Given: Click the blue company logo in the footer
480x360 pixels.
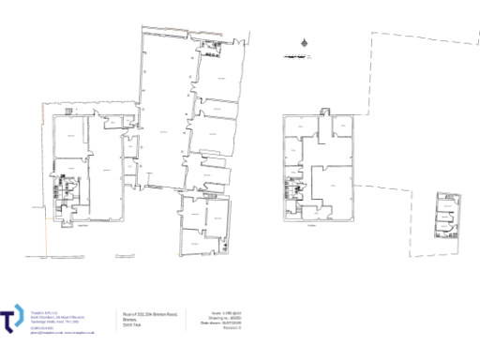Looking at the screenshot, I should tap(13, 319).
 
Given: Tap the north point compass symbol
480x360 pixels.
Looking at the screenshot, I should tap(303, 42).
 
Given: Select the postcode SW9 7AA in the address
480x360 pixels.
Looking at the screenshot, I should tap(132, 322).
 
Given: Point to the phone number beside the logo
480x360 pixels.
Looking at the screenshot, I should tap(41, 327).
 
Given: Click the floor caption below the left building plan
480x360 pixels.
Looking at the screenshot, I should tap(82, 225).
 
